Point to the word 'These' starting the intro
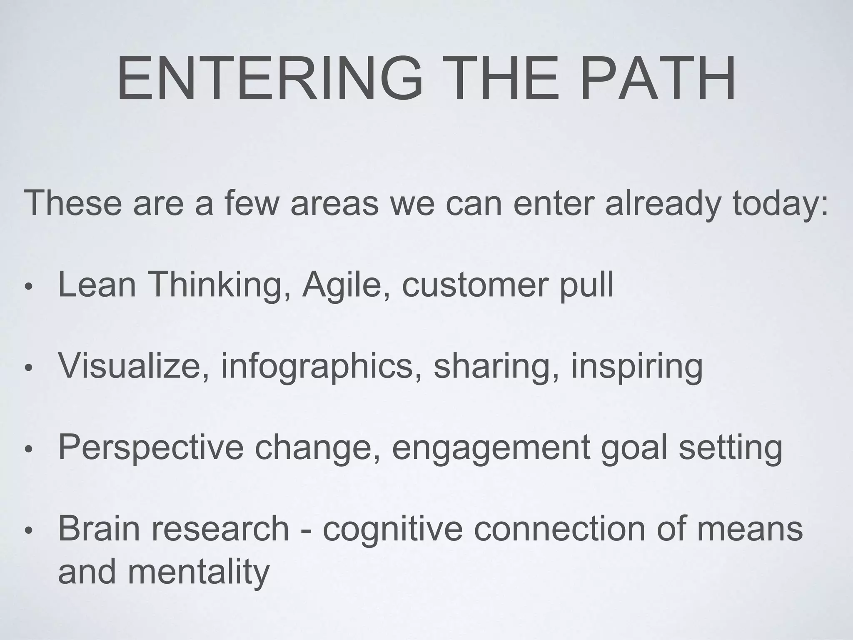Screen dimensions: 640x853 point(73,202)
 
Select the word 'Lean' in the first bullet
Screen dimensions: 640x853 point(97,285)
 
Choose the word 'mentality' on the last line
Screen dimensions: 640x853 point(199,572)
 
